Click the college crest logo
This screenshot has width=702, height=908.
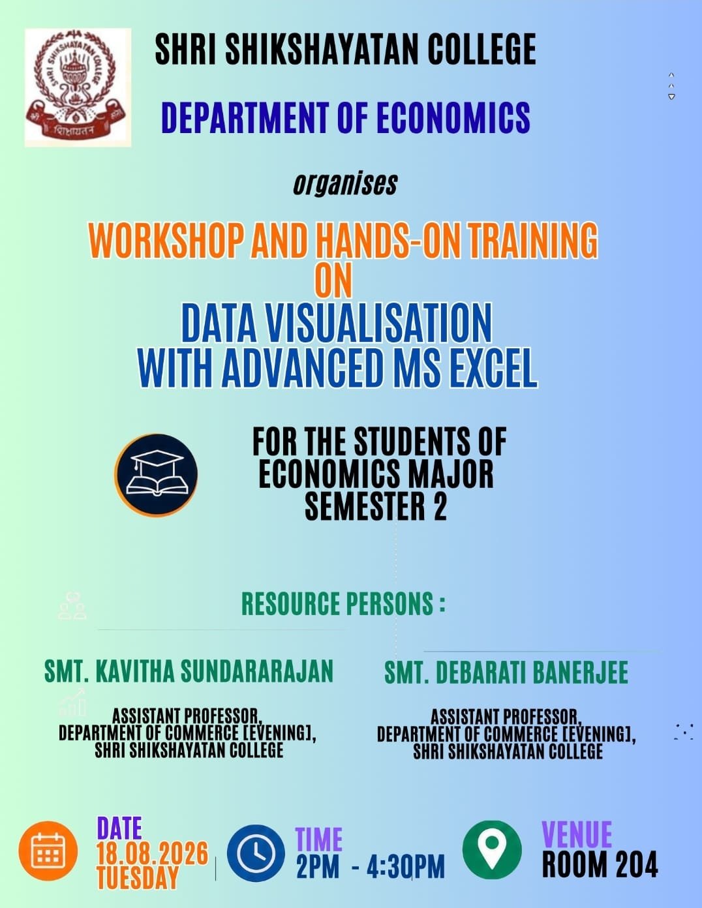(x=78, y=87)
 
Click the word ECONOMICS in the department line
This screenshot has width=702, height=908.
(x=453, y=117)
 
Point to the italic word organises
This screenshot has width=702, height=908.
(x=345, y=184)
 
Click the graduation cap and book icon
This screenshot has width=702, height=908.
(x=156, y=475)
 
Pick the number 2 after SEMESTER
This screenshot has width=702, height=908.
(x=440, y=506)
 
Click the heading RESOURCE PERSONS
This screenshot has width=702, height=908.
(x=343, y=603)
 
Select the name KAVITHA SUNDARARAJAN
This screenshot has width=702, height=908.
(x=215, y=671)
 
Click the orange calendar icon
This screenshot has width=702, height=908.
(x=48, y=851)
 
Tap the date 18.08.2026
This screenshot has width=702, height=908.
(x=153, y=853)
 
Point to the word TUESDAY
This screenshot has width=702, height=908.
(x=138, y=877)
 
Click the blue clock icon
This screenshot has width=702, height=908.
(x=256, y=853)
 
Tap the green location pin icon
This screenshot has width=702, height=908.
(x=492, y=850)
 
